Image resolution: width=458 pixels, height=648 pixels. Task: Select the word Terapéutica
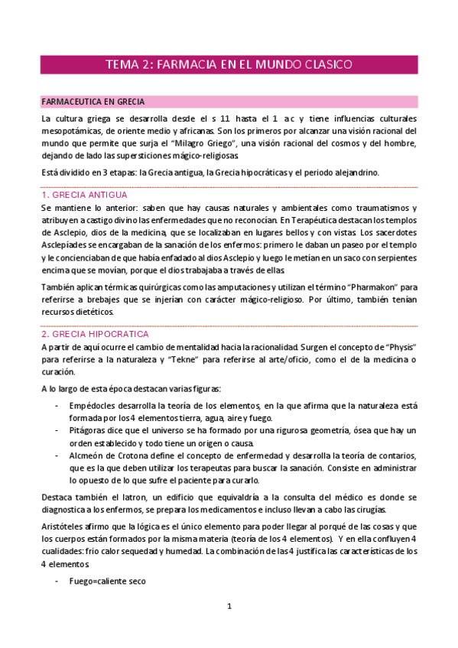click(x=313, y=220)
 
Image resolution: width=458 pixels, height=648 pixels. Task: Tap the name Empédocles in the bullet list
click(x=96, y=404)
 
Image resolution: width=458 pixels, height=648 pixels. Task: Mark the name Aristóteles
click(x=67, y=528)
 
